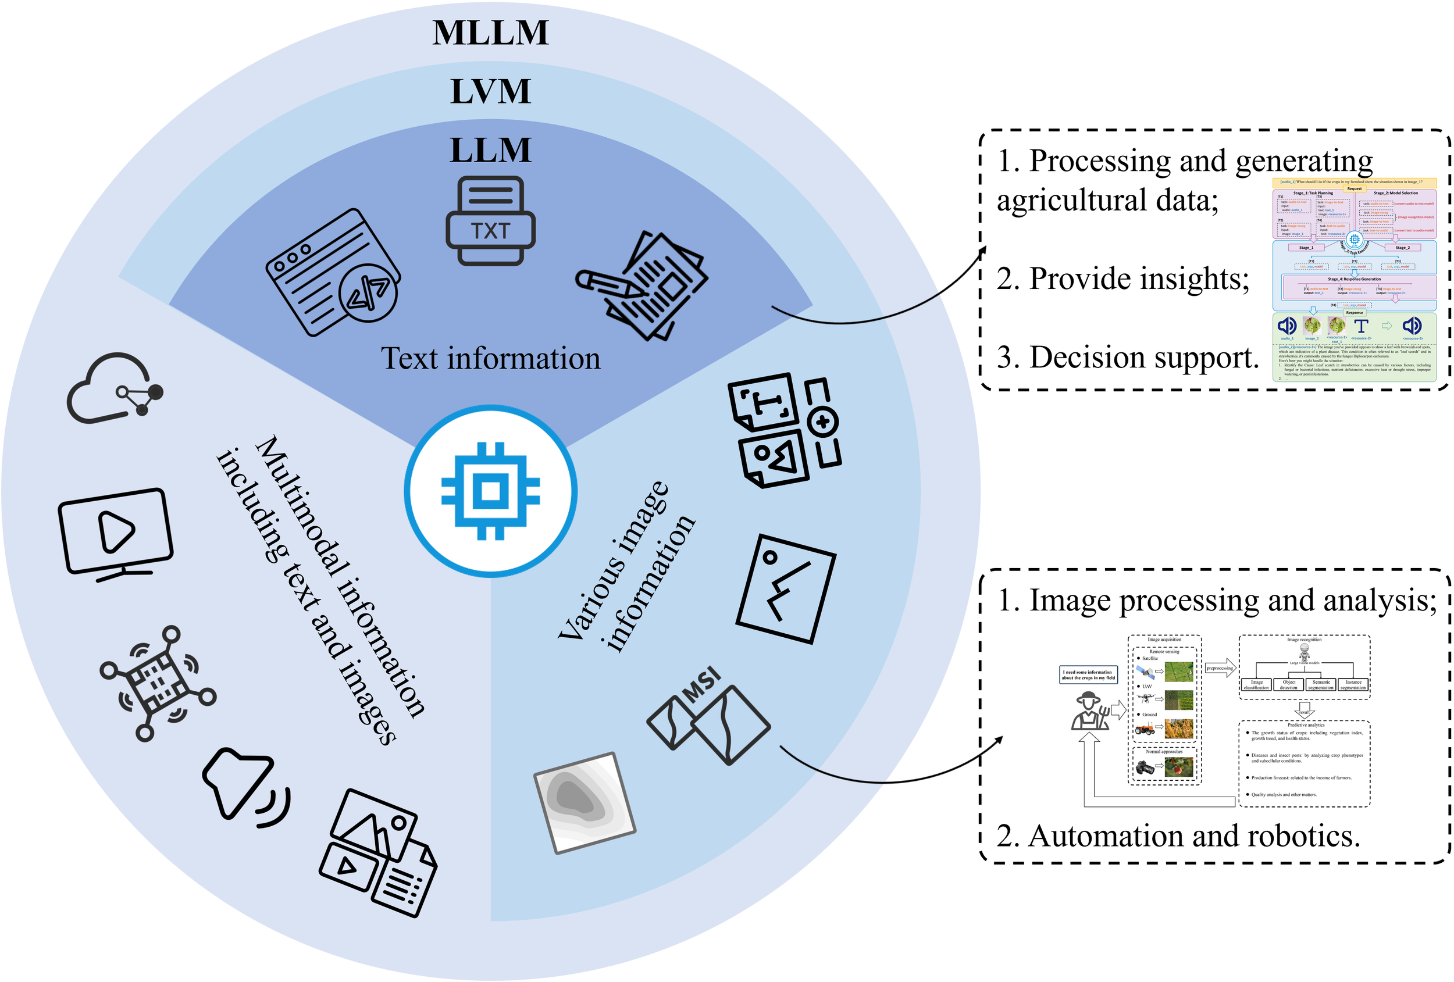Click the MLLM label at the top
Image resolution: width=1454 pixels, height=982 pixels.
pos(490,33)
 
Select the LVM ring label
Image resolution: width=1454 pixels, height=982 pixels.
pos(490,91)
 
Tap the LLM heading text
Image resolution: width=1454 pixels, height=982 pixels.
pos(490,150)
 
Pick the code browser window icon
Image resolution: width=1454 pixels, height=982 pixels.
pos(333,273)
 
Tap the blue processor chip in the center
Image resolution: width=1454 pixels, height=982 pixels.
pos(490,491)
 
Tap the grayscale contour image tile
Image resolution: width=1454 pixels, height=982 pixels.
pos(585,802)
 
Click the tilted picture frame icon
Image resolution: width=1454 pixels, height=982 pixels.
pos(786,588)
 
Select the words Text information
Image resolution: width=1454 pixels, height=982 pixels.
pos(490,358)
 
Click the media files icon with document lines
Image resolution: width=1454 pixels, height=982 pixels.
pos(378,853)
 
